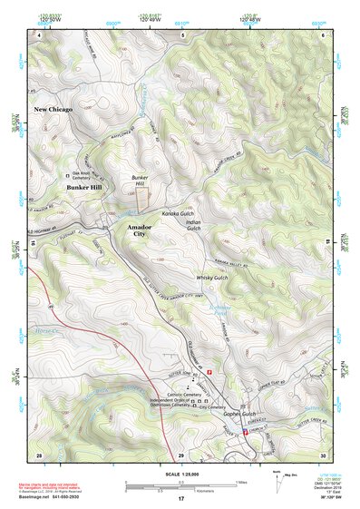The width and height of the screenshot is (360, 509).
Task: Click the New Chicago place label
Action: coord(54,109)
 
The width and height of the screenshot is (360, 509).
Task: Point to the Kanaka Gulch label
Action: coord(179,213)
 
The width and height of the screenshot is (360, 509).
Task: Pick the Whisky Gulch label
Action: coord(211,278)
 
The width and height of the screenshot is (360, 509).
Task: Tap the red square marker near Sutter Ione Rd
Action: coord(210,371)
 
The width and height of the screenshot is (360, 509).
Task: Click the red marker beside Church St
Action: coord(245,432)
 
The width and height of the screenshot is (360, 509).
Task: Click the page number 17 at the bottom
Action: coord(180,499)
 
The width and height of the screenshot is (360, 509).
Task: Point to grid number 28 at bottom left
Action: coord(39,455)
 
